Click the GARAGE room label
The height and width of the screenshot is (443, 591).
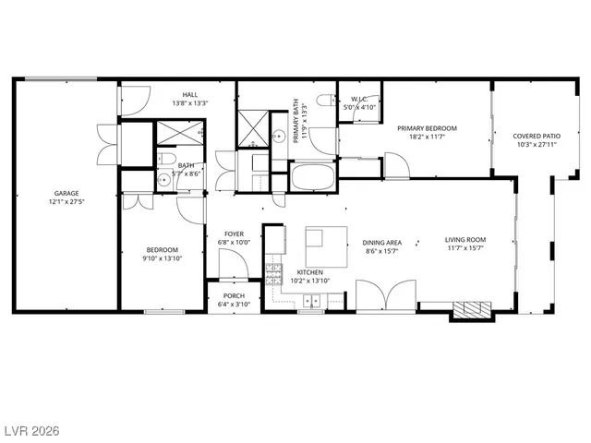click(x=66, y=193)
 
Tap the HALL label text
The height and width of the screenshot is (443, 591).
click(x=189, y=94)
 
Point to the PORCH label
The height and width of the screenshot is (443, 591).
click(x=234, y=295)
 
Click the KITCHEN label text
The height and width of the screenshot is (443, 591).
click(x=308, y=272)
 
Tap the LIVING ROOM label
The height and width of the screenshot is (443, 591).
click(x=465, y=240)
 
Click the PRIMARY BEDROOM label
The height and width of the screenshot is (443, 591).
click(x=428, y=128)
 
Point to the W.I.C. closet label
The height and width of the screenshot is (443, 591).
click(x=359, y=99)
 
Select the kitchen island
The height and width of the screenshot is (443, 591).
click(x=327, y=246)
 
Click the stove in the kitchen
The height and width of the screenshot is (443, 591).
click(x=273, y=272)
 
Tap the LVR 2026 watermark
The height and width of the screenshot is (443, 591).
click(x=31, y=431)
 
